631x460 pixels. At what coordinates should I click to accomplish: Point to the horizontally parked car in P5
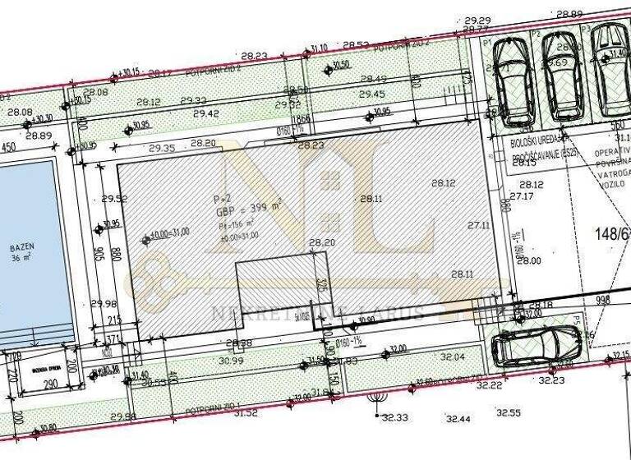tap(538, 345)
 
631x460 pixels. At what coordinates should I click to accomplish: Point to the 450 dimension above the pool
tap(7, 149)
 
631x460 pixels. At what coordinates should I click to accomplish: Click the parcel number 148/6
tap(611, 235)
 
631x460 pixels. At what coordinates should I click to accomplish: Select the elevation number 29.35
tap(162, 149)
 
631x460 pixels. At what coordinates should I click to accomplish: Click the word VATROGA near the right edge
tap(612, 174)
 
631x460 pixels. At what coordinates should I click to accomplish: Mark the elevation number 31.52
tap(246, 412)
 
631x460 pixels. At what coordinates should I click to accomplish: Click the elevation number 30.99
tap(233, 361)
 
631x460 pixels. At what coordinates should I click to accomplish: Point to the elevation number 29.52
tap(114, 198)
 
